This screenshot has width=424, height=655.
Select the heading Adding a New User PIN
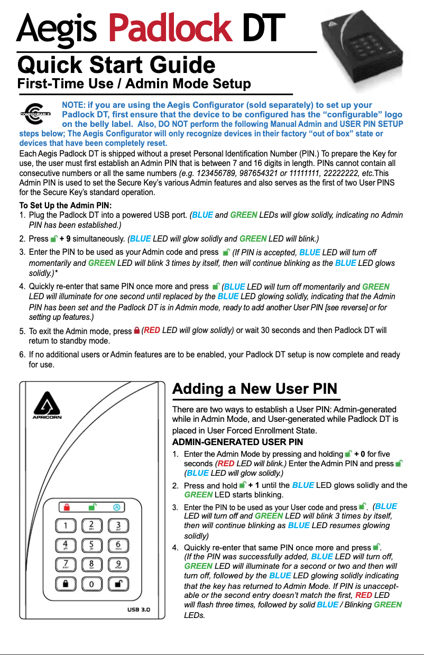point(255,389)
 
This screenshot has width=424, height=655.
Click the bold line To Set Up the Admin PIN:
point(66,205)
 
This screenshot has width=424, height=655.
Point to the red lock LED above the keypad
point(67,507)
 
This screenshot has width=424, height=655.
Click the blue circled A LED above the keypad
point(117,507)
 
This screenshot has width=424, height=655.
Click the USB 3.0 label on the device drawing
point(139,609)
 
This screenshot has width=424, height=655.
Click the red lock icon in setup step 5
point(136,331)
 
